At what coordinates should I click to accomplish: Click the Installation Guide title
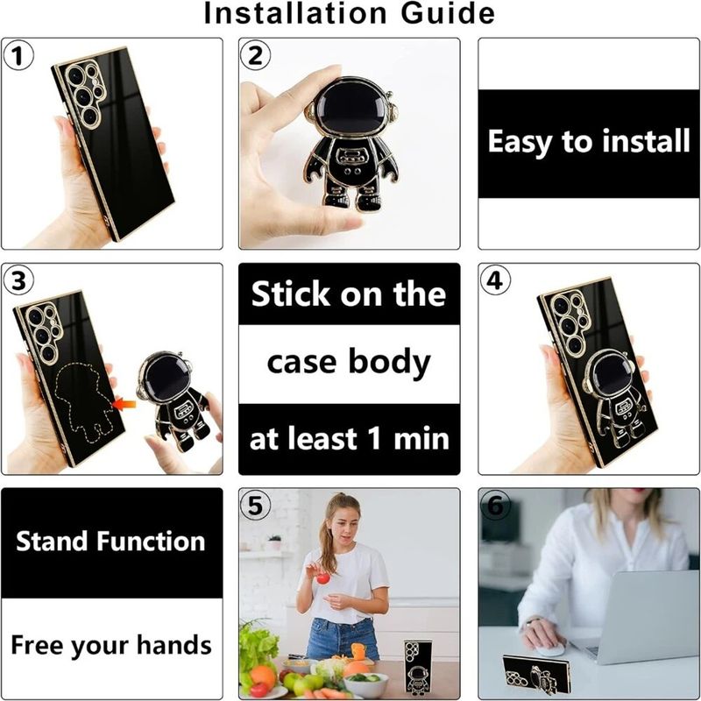[350, 14]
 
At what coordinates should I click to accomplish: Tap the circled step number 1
[19, 57]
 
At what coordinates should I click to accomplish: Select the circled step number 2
[256, 57]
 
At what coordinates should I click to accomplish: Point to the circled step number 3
[19, 281]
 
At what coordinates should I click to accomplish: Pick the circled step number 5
[256, 506]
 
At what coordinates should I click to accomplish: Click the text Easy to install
[588, 142]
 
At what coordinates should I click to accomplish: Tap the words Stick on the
[349, 295]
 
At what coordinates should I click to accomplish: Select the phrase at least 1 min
[349, 438]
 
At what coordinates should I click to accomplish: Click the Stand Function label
[110, 542]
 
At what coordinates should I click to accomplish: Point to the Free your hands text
[110, 646]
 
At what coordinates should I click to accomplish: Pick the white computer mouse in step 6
[550, 648]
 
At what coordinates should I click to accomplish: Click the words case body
[349, 362]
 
